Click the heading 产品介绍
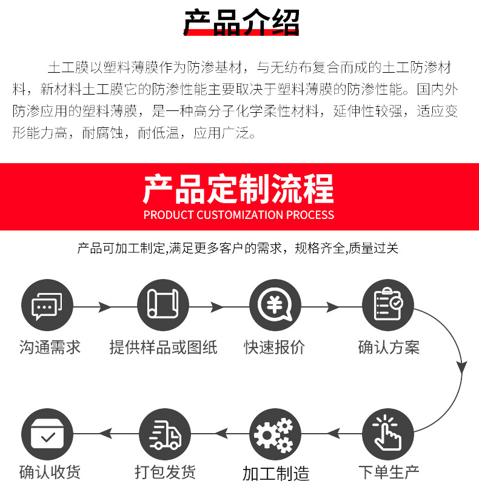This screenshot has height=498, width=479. pyautogui.click(x=241, y=22)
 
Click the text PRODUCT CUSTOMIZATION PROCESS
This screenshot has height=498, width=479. pyautogui.click(x=239, y=215)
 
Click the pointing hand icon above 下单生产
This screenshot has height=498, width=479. pyautogui.click(x=388, y=434)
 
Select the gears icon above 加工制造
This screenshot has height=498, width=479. pyautogui.click(x=275, y=434)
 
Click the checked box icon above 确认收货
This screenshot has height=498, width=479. pyautogui.click(x=47, y=434)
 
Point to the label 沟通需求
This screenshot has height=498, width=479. pyautogui.click(x=50, y=348)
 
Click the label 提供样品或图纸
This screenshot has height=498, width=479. pyautogui.click(x=163, y=348)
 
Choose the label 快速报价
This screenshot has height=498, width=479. pyautogui.click(x=275, y=348)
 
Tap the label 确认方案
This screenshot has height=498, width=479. pyautogui.click(x=389, y=348)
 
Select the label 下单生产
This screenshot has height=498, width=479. pyautogui.click(x=389, y=472)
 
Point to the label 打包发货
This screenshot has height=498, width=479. pyautogui.click(x=166, y=472)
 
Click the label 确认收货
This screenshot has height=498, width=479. pyautogui.click(x=50, y=472)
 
